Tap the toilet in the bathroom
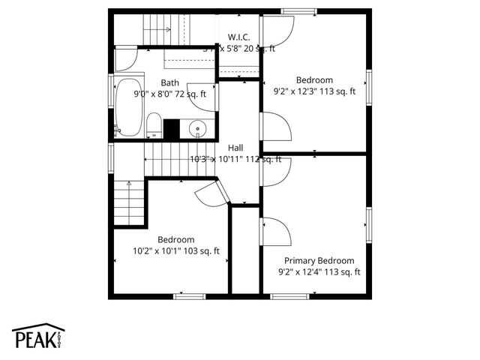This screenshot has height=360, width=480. (x=153, y=125)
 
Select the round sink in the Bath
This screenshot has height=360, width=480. (x=198, y=128)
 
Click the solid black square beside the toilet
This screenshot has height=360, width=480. (x=172, y=129)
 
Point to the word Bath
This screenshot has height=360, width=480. (x=169, y=82)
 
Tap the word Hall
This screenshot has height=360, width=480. (x=235, y=148)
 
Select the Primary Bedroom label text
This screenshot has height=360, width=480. (x=319, y=260)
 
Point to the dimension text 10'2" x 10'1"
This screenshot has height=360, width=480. (x=155, y=251)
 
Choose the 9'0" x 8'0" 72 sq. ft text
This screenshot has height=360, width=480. (x=169, y=94)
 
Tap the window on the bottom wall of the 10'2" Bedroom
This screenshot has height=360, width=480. (x=190, y=296)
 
